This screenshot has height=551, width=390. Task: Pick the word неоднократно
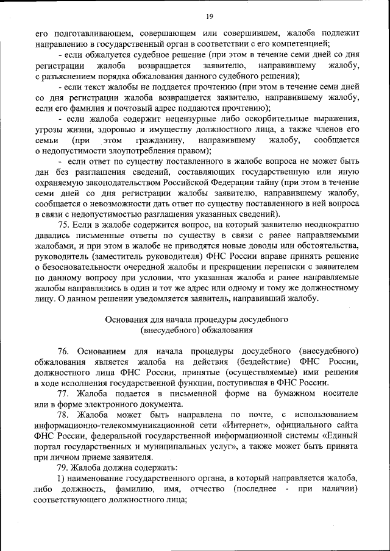328,225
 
